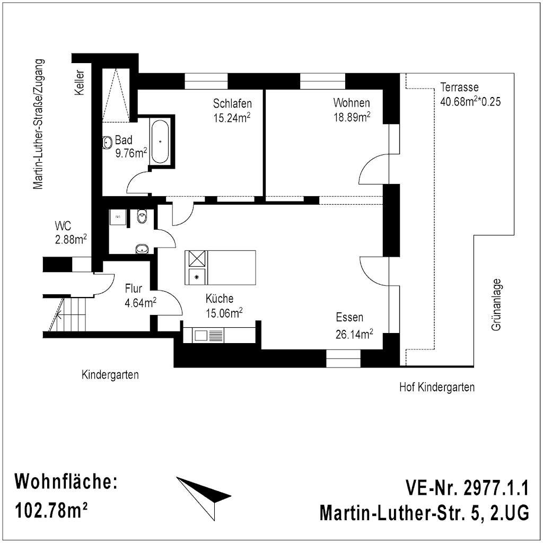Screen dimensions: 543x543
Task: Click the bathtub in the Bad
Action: (160, 142)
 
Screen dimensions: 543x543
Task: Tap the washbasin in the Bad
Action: (107, 142)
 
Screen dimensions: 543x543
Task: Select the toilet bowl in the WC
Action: (142, 216)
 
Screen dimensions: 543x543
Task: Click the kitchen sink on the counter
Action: (201, 335)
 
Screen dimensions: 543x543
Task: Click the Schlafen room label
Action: (232, 103)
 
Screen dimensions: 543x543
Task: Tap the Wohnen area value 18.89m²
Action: (352, 117)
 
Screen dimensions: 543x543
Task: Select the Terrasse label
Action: (459, 87)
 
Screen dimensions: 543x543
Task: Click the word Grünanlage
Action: (496, 305)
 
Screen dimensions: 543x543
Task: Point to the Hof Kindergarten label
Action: (437, 387)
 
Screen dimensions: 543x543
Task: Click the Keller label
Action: (80, 82)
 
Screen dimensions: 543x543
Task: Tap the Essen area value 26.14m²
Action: (354, 334)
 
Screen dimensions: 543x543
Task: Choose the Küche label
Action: (219, 298)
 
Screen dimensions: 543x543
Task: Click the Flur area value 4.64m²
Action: (140, 303)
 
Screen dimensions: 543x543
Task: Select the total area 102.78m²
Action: (51, 510)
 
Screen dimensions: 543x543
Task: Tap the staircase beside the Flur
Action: (67, 314)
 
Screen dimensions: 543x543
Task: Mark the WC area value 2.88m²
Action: (71, 239)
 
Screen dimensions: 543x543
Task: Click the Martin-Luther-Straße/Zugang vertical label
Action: (38, 124)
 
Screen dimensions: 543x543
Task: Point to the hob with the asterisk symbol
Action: (197, 277)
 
